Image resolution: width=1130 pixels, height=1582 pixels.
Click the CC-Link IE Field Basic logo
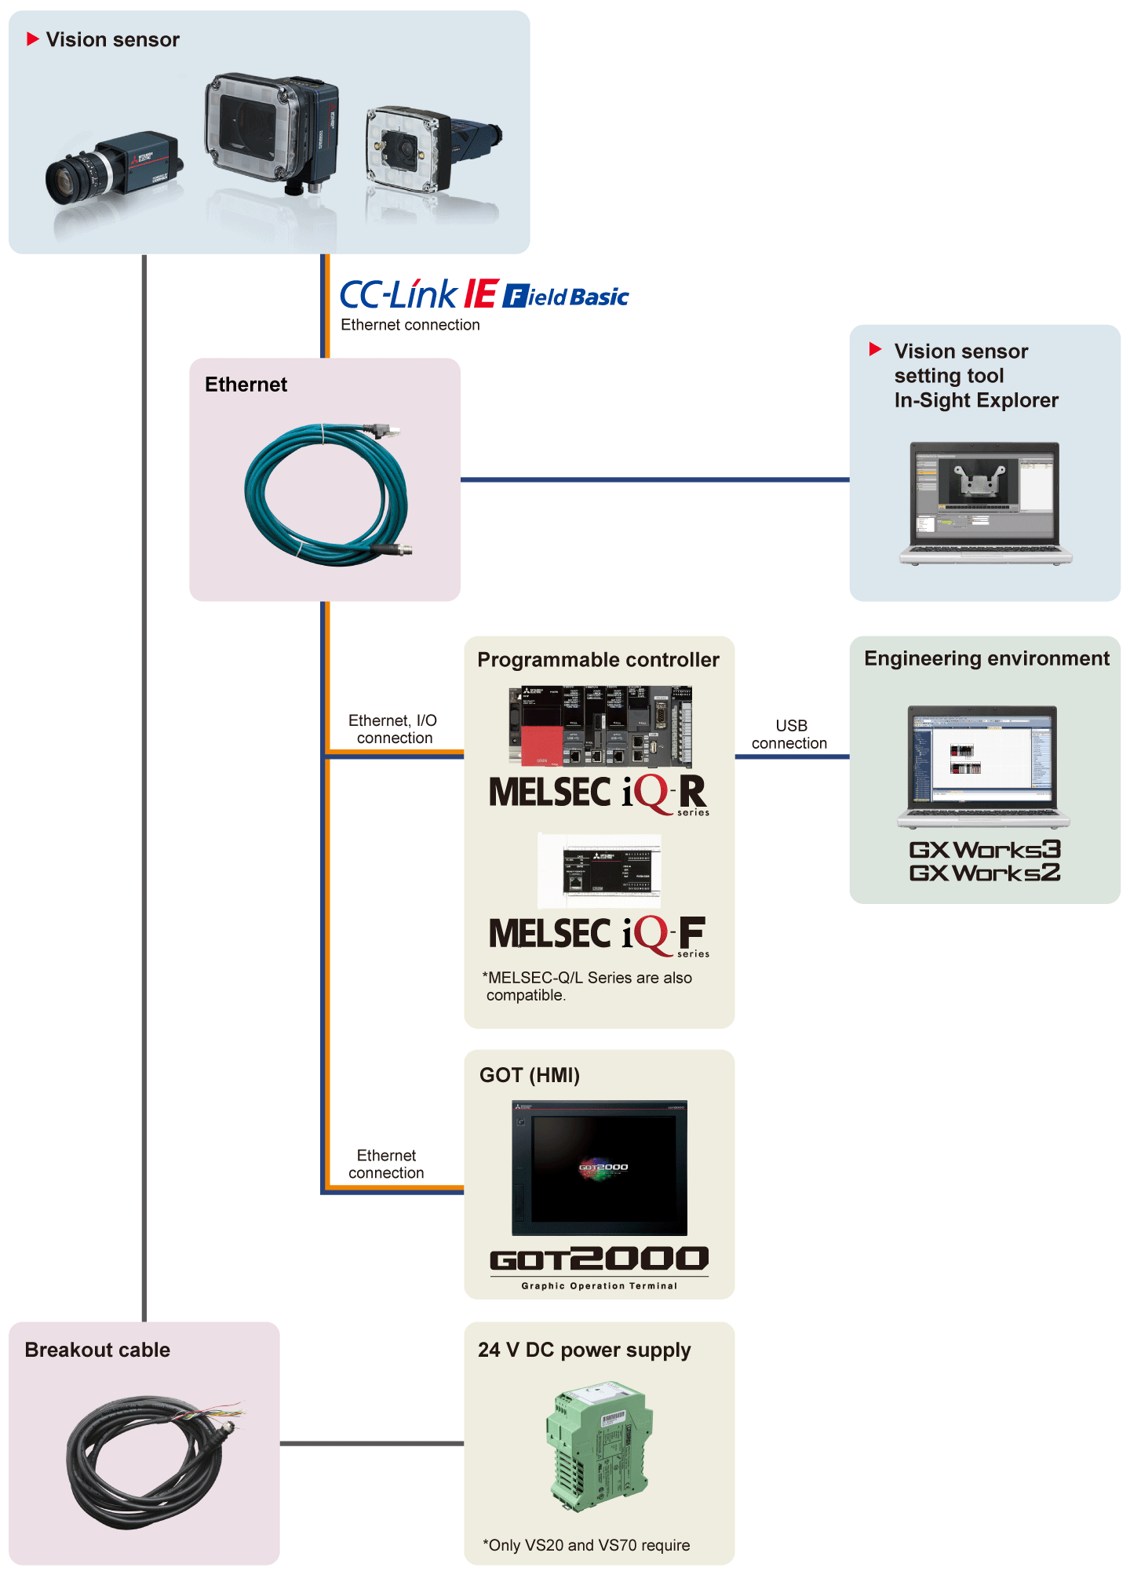point(483,295)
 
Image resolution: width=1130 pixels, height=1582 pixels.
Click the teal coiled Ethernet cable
point(326,494)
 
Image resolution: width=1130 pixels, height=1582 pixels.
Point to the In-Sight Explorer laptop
point(985,502)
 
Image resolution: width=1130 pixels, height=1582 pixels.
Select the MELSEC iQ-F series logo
point(598,935)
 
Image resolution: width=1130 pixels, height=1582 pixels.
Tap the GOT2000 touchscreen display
point(600,1168)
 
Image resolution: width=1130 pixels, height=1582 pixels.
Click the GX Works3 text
point(985,850)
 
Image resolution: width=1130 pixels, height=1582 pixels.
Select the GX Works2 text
point(985,873)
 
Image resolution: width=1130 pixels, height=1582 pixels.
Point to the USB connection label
point(789,734)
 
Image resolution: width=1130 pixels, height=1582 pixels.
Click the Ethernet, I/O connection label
point(393,729)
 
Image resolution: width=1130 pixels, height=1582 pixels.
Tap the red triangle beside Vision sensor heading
point(33,39)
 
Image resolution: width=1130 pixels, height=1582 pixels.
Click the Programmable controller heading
point(598,660)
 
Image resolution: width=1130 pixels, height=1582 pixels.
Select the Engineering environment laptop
point(983,765)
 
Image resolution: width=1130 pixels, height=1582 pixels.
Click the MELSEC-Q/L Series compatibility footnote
point(589,986)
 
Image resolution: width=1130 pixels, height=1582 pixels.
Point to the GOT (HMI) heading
point(530,1075)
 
